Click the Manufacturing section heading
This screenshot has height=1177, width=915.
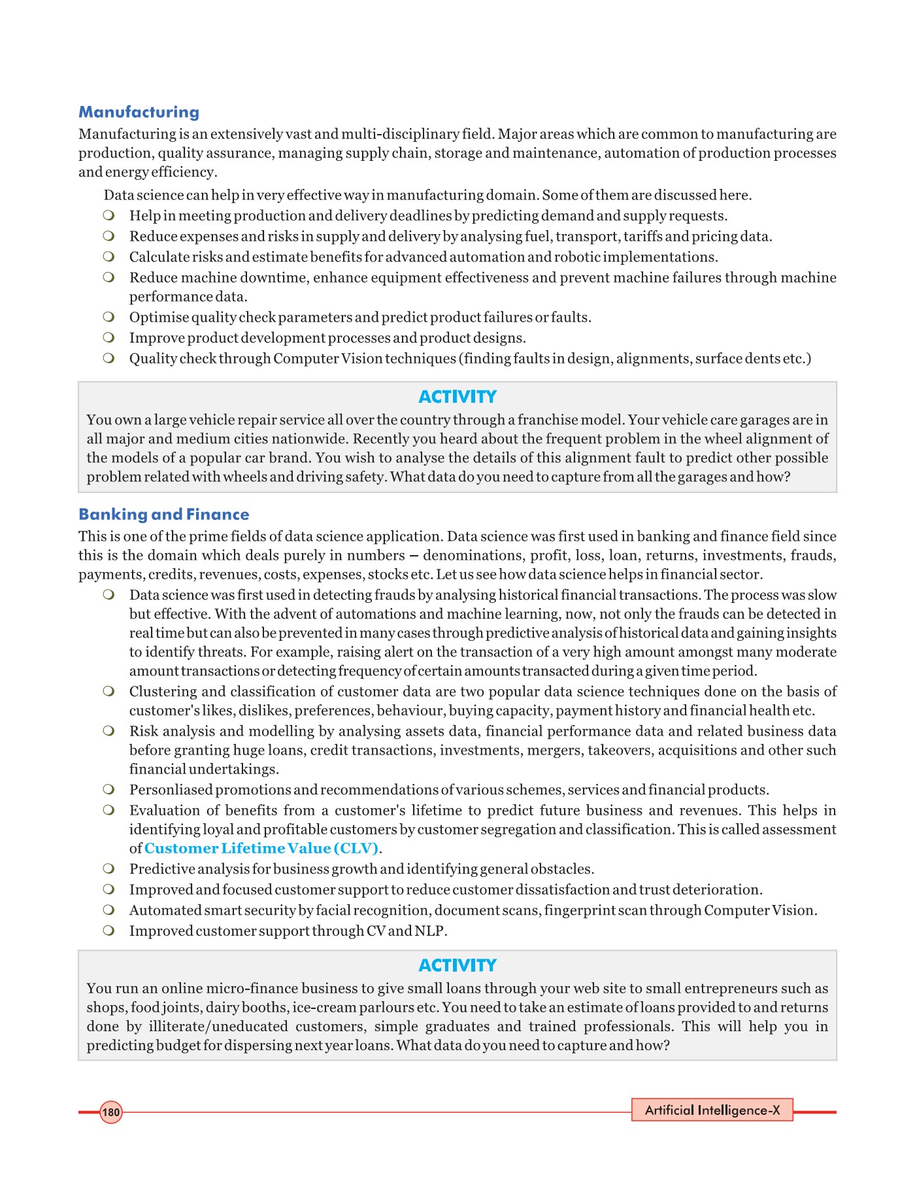(139, 112)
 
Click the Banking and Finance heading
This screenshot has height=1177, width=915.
(163, 515)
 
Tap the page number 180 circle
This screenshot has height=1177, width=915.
(111, 1112)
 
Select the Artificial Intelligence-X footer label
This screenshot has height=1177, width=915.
(712, 1110)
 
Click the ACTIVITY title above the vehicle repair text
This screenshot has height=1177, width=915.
(457, 397)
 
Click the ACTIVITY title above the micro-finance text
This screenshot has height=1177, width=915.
(457, 966)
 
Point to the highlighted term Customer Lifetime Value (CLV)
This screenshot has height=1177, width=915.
(261, 849)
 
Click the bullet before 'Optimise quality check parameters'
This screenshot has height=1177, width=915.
(108, 317)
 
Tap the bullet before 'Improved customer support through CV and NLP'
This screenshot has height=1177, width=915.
(108, 930)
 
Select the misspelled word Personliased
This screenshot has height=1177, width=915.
(171, 790)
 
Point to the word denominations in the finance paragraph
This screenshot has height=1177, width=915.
(471, 556)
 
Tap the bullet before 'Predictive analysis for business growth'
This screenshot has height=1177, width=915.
(108, 869)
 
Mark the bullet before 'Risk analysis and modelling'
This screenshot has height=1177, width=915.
(108, 731)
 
